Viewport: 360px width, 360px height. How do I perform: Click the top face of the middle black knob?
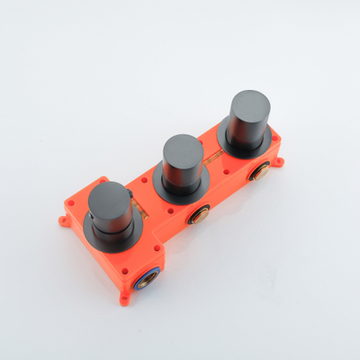click(x=183, y=147)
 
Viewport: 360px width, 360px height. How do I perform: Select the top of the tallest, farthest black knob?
click(x=250, y=104)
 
